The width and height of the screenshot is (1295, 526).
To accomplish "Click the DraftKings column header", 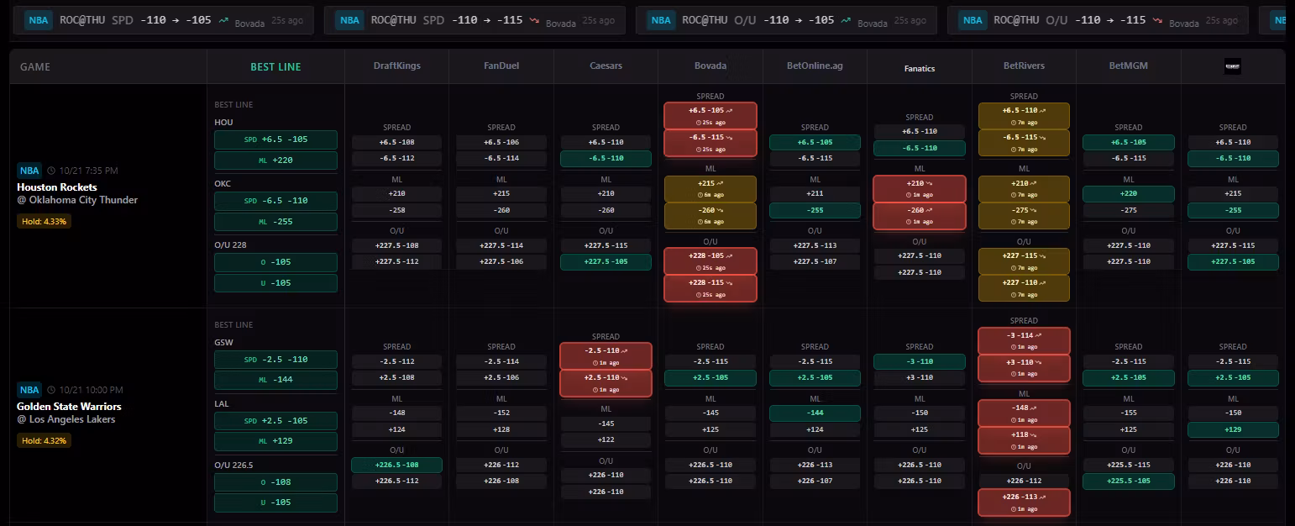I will coord(396,66).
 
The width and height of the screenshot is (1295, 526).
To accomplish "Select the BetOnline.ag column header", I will coord(814,66).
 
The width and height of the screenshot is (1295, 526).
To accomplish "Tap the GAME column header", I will coord(35,66).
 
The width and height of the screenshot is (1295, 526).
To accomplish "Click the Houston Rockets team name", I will coord(57,187).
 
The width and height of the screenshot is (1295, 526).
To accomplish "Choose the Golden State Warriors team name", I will coord(69,407).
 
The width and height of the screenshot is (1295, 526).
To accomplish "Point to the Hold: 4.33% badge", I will coord(45,222).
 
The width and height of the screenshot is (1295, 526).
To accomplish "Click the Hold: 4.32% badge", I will coord(45,440).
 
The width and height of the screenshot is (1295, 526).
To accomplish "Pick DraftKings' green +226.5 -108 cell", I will coord(396,465).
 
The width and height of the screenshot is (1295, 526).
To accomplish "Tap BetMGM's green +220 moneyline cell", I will coord(1128,194).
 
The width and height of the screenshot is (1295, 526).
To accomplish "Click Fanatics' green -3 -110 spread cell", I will coord(919,361).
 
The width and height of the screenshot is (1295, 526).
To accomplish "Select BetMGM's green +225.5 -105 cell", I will coord(1128,481).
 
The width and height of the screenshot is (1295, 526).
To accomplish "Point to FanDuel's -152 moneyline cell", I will coord(501,413).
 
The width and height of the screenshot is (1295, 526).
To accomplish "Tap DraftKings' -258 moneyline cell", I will coord(396,210).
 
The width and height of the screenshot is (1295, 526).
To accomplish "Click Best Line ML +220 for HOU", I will coord(275,160).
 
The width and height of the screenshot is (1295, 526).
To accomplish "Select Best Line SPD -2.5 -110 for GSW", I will coord(275,360).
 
